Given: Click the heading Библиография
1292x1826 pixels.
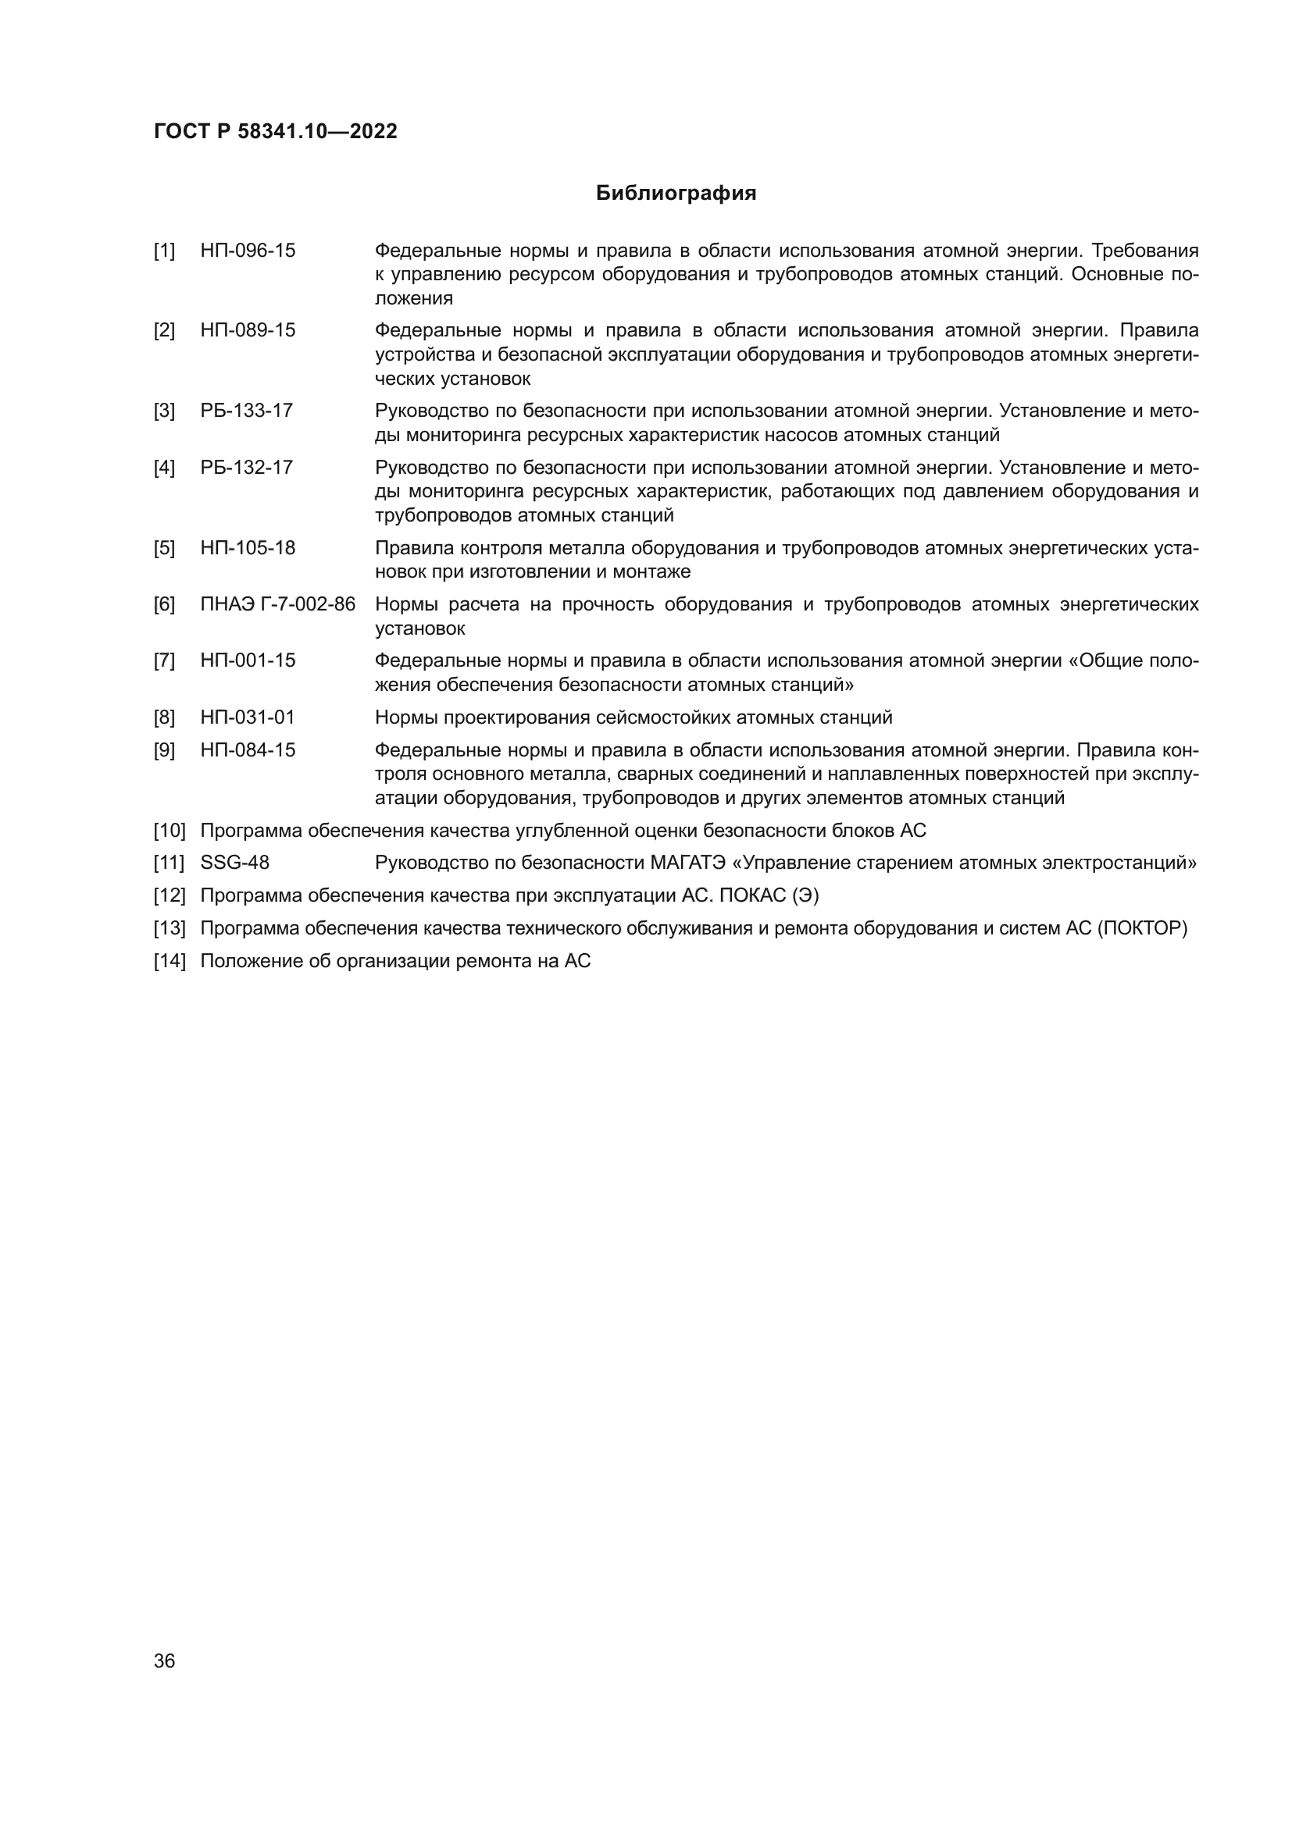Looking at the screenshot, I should tap(676, 194).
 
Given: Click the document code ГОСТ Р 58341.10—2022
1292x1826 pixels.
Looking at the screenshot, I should tap(275, 132).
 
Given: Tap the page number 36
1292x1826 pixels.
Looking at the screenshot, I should tap(164, 1660).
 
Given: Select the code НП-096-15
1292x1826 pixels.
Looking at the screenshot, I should tap(248, 251).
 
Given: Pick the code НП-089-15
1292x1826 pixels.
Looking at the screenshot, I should tap(248, 331).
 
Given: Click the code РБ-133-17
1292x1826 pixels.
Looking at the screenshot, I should tap(247, 411).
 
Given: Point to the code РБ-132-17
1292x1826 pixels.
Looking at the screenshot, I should tap(247, 468).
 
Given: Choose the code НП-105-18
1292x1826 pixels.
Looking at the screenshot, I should tap(248, 548).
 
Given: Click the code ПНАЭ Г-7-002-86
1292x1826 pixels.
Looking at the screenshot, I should tap(277, 604).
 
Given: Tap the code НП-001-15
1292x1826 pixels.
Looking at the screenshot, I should tap(248, 661).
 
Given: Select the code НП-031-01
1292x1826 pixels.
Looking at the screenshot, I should tap(248, 718).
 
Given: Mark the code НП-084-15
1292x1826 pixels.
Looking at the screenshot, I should tap(248, 751).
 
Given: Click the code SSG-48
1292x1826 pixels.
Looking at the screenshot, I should tap(234, 863).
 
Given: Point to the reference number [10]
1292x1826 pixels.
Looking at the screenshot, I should tap(170, 831).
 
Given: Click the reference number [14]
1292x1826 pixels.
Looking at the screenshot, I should tap(170, 962).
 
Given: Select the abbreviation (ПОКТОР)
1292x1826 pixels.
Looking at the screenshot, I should tap(1142, 929).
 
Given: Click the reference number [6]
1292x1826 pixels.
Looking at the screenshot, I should tap(164, 604).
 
